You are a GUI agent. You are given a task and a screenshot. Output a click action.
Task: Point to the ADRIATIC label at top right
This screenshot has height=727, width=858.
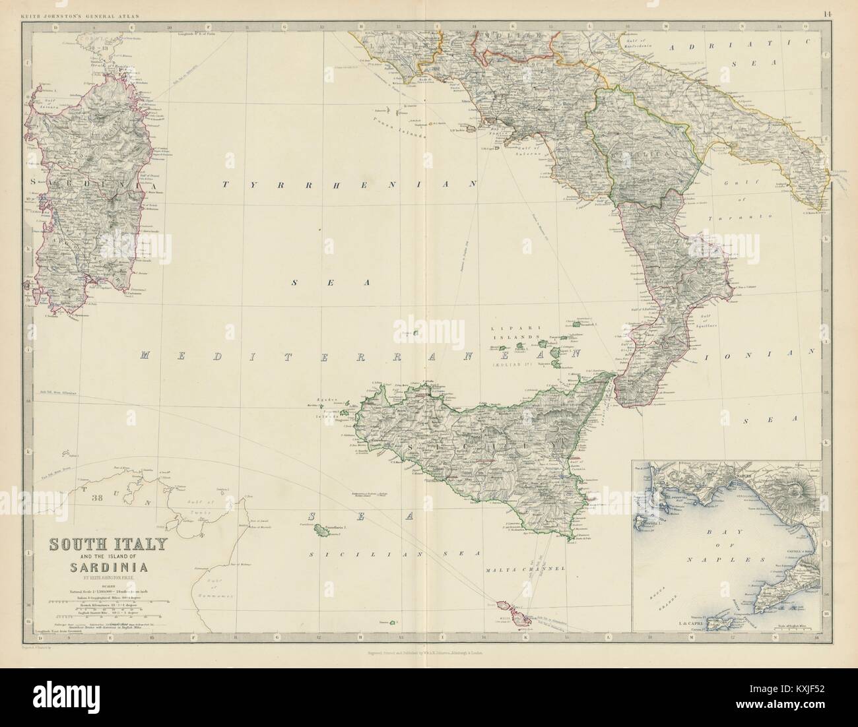(726, 47)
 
